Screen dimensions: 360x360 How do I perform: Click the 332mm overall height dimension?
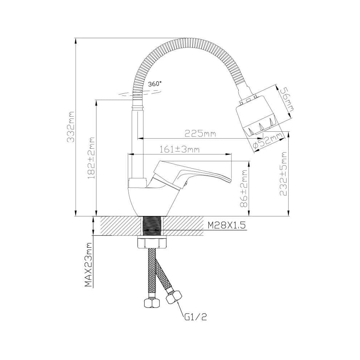71,127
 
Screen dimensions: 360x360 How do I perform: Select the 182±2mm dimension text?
91,158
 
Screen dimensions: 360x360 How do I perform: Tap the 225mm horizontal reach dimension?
200,134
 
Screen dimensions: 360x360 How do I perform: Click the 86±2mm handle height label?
244,189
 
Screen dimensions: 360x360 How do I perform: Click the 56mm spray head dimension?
287,99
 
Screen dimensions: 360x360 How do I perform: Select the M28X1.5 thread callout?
226,225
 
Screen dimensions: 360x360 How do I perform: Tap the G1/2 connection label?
195,317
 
